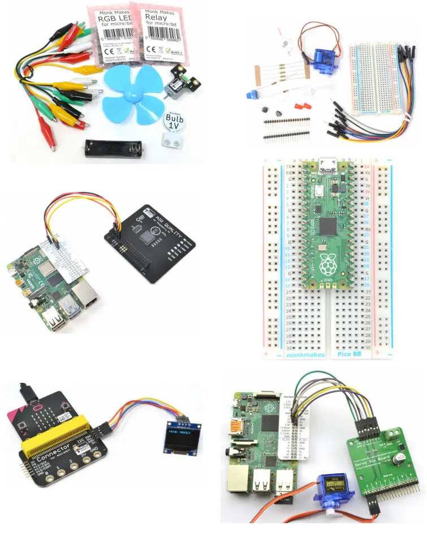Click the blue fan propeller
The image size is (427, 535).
(132, 93)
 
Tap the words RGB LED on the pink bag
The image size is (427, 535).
(108, 21)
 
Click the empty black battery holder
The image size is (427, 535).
(114, 148)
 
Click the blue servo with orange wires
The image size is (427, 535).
(332, 486)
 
